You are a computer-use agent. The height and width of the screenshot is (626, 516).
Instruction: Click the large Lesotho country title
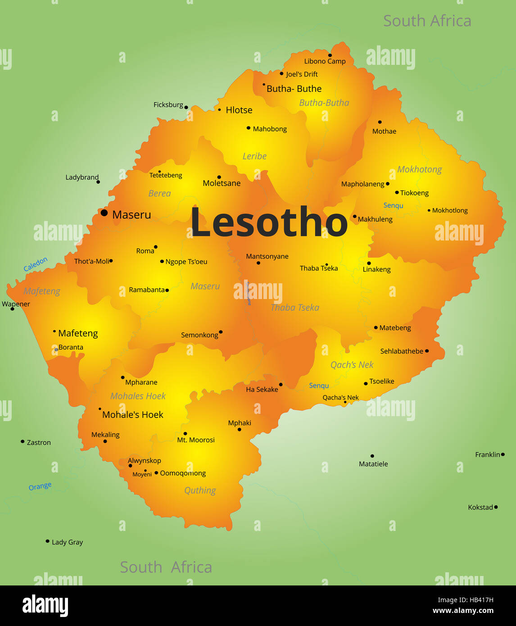point(269,222)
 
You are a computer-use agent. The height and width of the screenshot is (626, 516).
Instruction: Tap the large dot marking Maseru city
point(104,213)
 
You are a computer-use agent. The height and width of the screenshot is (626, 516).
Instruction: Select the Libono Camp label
point(325,61)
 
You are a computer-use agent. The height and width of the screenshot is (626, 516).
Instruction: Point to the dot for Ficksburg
point(186,107)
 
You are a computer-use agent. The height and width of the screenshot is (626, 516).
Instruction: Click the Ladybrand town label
point(82,177)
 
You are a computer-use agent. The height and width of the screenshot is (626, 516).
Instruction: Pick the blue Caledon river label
point(36,264)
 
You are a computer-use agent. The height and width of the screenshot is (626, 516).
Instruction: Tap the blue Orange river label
point(40,486)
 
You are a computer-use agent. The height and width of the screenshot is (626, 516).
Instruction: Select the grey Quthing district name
point(200,490)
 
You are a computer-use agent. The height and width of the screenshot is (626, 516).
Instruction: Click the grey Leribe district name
point(254,156)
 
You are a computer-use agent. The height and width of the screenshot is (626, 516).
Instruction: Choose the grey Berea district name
point(159,193)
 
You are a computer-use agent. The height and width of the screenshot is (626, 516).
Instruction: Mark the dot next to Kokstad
point(496,507)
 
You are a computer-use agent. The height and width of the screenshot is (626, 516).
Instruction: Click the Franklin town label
point(487,455)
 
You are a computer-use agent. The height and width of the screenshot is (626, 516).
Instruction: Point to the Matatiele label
point(373,464)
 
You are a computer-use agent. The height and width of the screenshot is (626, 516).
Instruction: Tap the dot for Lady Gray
point(47,541)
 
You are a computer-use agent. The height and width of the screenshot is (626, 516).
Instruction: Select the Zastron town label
point(39,443)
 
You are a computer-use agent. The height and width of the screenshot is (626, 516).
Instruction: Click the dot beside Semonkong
point(221,332)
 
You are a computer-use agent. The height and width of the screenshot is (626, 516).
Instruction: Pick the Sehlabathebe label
point(402,351)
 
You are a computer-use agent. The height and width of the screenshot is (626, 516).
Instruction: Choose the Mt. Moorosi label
point(196,440)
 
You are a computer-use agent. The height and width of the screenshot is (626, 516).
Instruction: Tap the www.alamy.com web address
point(463,611)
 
